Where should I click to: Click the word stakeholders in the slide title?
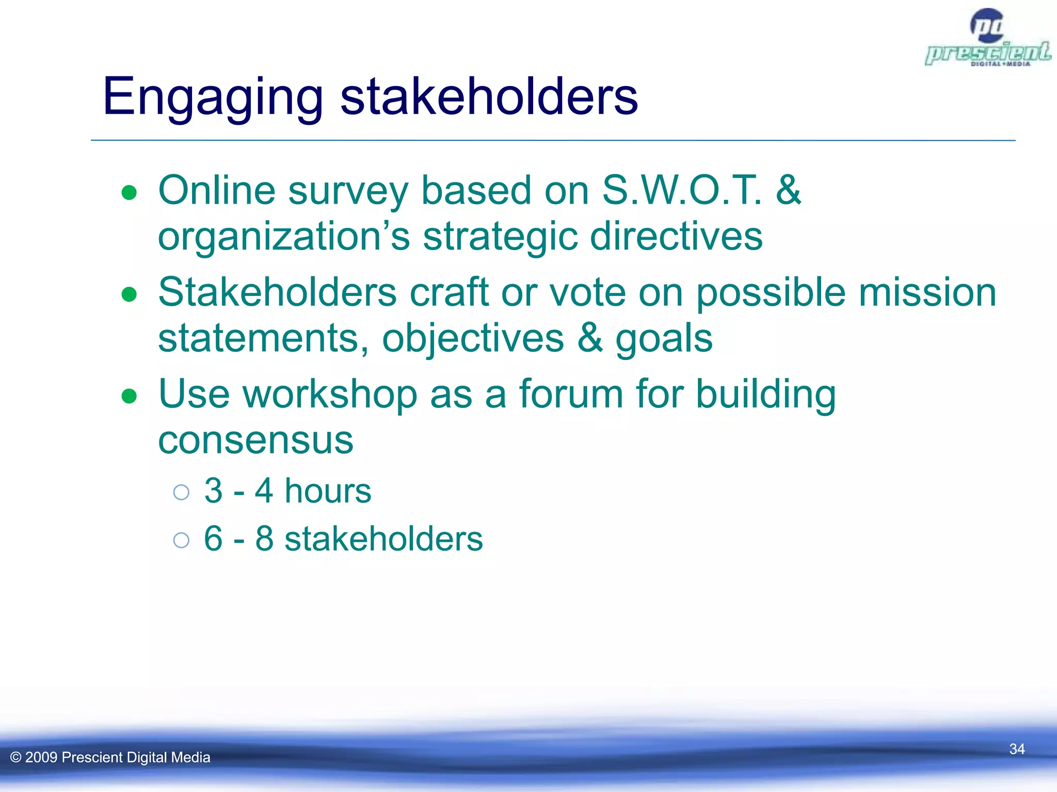point(489,97)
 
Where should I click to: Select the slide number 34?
point(1016,749)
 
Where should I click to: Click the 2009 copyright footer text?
point(110,757)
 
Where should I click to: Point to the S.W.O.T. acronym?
point(682,190)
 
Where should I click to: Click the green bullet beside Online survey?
point(129,193)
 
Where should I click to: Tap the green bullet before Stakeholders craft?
point(129,294)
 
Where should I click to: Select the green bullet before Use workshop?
point(129,396)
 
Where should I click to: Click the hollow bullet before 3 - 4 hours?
point(181,492)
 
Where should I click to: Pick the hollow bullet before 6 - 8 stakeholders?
point(181,540)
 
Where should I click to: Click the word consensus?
point(255,440)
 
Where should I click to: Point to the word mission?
point(927,292)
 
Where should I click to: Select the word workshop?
point(330,394)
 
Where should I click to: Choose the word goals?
point(664,339)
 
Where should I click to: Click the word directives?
point(676,236)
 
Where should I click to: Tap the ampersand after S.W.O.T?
point(788,190)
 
